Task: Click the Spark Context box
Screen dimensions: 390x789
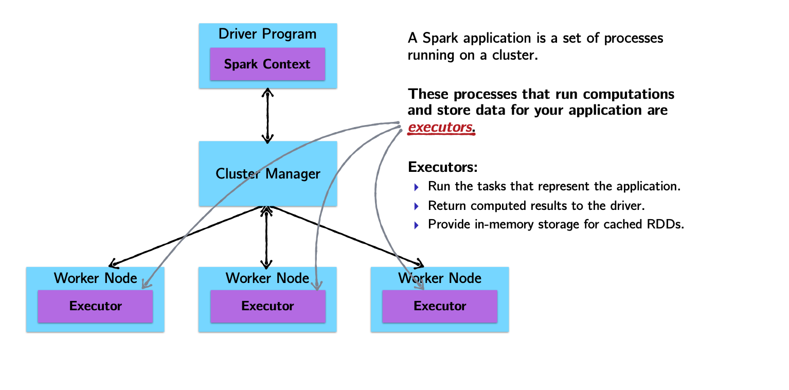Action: [267, 64]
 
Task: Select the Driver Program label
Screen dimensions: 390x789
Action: [267, 34]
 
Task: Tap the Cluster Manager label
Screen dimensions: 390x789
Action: [267, 174]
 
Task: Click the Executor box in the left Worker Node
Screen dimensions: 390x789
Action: [95, 306]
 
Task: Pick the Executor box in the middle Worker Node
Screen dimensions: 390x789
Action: [267, 306]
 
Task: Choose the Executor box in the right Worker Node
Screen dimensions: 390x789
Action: [440, 306]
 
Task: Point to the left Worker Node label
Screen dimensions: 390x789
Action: [95, 278]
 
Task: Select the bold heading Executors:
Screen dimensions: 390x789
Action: [443, 167]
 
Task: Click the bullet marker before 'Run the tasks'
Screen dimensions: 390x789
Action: [417, 187]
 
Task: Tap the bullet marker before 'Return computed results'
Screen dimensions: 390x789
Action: [417, 206]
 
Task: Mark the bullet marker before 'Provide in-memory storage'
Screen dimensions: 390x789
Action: [417, 225]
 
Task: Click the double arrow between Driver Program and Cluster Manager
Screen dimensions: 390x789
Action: [267, 115]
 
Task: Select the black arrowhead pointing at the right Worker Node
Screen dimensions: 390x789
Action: [420, 264]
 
